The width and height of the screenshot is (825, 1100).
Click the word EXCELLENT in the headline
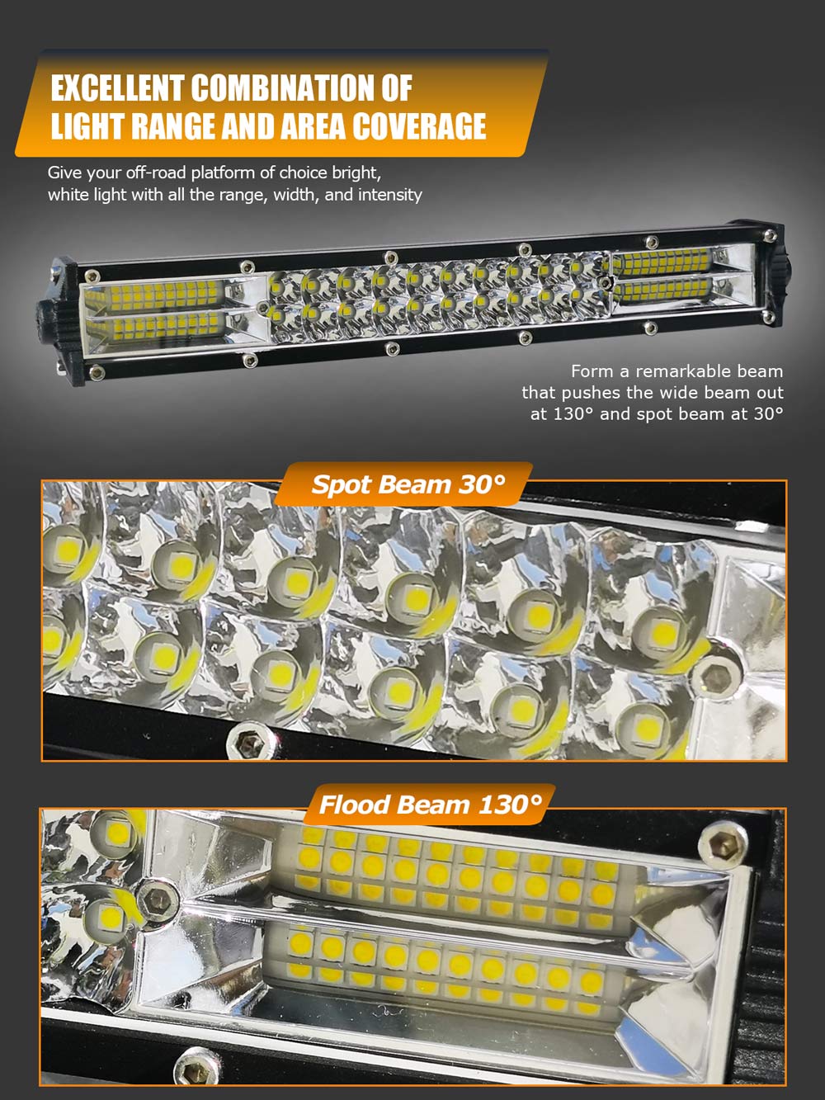(x=117, y=87)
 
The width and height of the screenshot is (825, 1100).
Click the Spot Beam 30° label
(x=408, y=484)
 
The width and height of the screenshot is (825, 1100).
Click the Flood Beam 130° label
(x=431, y=805)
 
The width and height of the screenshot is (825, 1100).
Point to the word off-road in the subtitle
(x=155, y=172)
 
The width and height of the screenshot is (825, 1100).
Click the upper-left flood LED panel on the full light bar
(x=165, y=293)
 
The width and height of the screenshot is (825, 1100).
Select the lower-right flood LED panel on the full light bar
(x=662, y=289)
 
